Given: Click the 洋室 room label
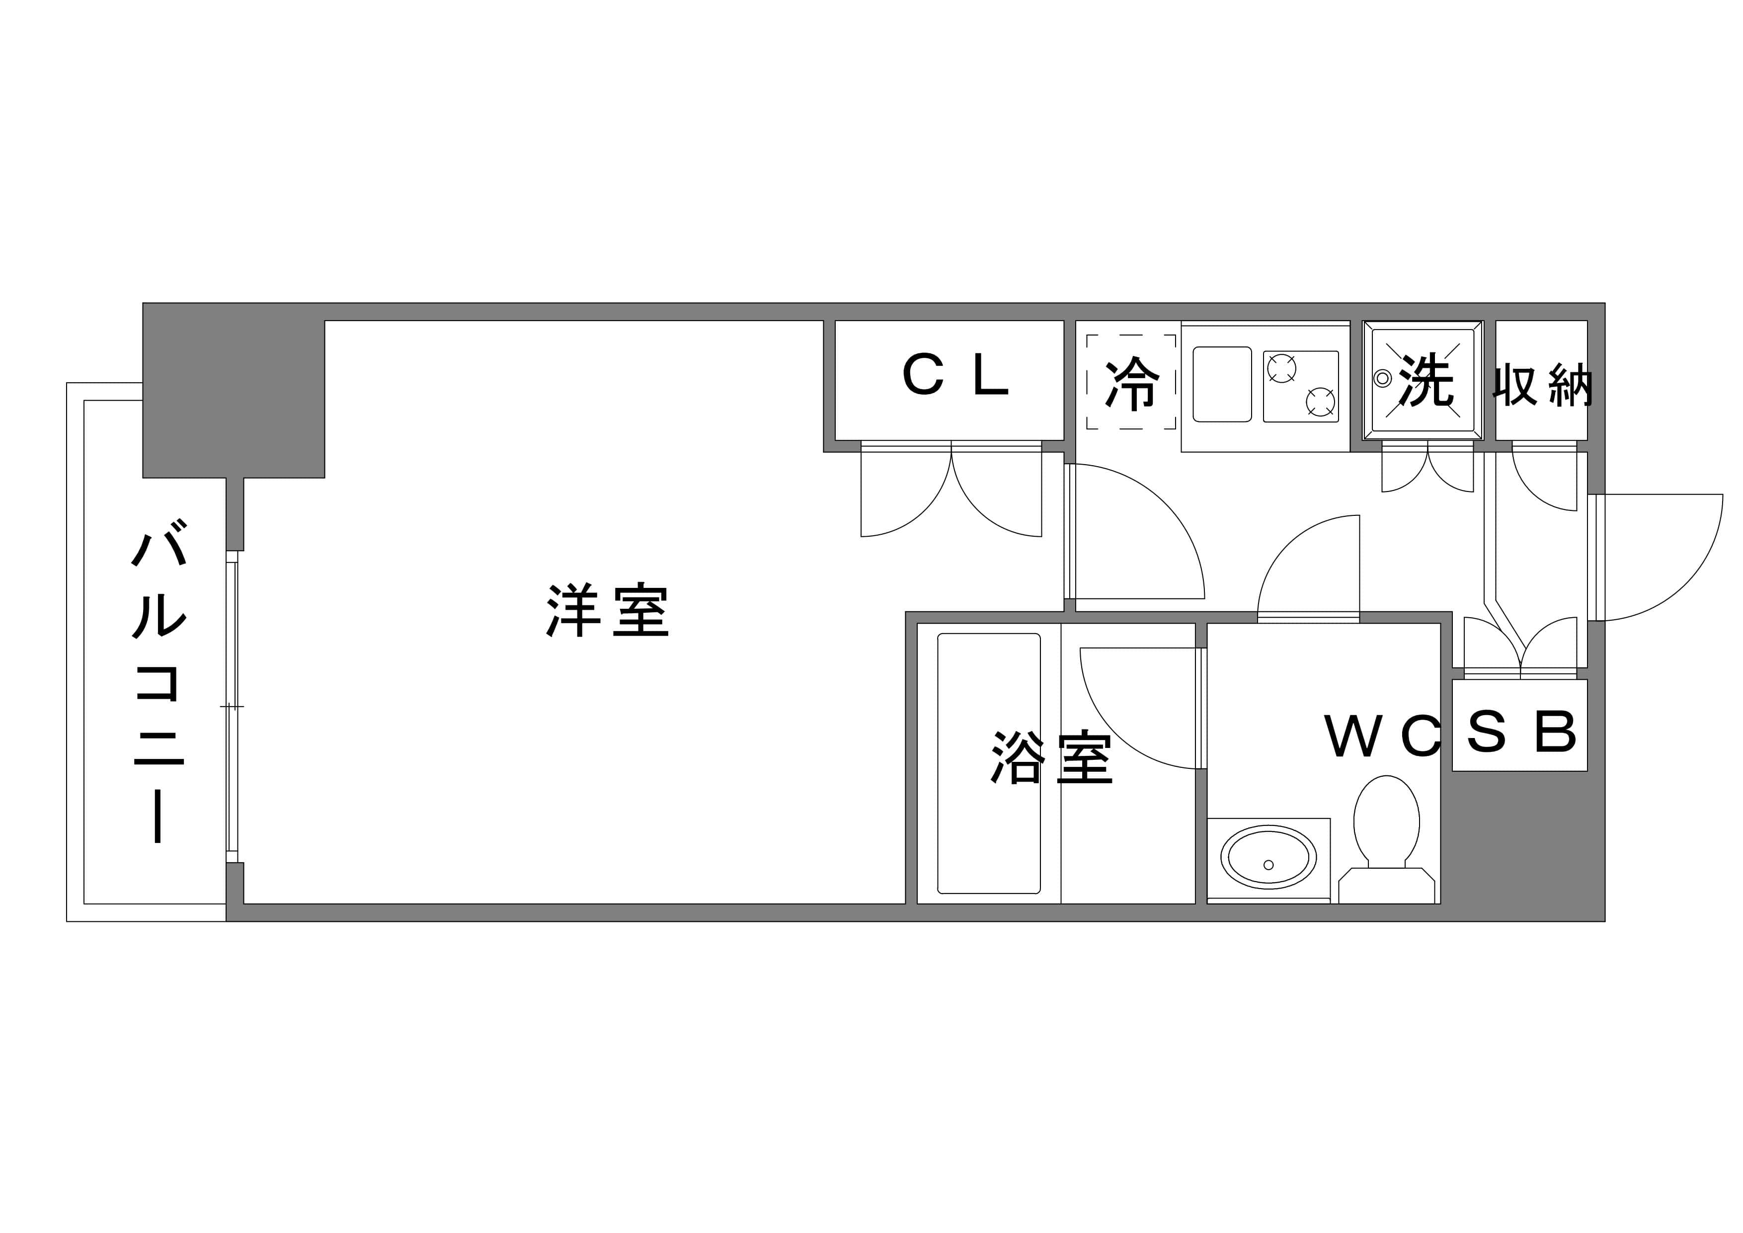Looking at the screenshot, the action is pyautogui.click(x=607, y=610).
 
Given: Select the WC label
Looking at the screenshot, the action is pyautogui.click(x=1382, y=736).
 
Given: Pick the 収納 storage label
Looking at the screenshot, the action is pyautogui.click(x=1542, y=385).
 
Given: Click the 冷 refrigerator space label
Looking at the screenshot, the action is pyautogui.click(x=1132, y=383).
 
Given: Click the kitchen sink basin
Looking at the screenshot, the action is pyautogui.click(x=1222, y=384).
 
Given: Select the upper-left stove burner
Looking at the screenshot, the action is pyautogui.click(x=1281, y=369).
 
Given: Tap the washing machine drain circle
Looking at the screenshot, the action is pyautogui.click(x=1382, y=377).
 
